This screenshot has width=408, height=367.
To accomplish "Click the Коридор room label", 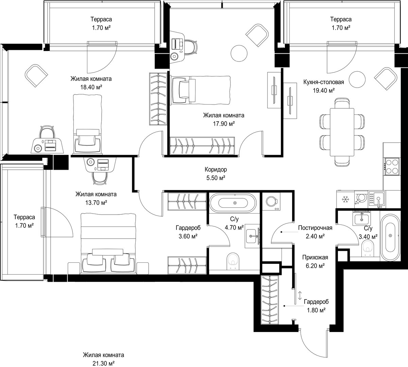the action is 216,169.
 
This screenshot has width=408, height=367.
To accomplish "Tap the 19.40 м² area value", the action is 324,91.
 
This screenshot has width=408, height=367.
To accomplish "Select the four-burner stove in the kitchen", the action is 392,167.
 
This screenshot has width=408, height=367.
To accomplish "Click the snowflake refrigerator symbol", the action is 345,199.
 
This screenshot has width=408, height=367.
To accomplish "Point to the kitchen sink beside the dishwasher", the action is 376,199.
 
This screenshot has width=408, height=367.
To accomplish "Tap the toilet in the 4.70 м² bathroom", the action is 233,261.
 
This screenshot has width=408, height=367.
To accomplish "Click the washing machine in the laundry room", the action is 272,201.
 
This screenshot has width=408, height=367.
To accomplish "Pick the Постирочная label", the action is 315,228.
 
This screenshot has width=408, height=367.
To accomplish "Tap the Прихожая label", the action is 315,258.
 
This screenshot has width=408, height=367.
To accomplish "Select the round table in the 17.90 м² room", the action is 239,53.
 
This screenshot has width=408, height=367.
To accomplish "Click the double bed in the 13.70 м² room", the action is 108,243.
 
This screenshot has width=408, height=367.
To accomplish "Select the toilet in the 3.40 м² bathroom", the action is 368,248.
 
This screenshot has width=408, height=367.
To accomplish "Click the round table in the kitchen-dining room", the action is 357,79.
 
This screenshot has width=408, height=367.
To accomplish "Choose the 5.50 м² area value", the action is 216,178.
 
